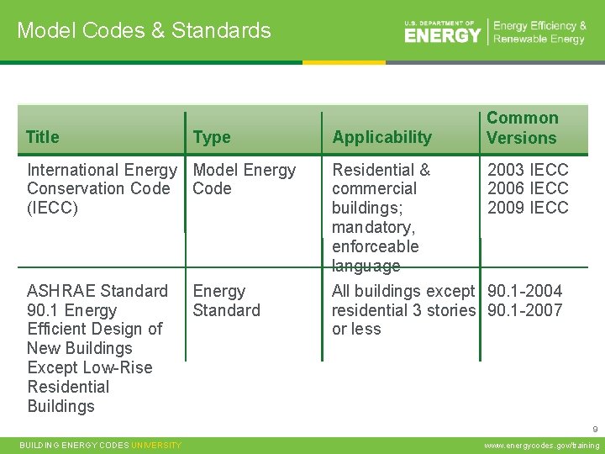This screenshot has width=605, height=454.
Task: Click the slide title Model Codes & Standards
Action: click(144, 31)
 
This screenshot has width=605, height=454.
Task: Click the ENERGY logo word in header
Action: click(442, 35)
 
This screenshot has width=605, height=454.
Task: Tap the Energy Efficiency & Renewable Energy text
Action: click(539, 33)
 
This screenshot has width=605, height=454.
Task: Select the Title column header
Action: click(43, 137)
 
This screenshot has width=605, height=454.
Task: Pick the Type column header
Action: click(211, 137)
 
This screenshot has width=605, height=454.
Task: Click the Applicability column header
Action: click(381, 137)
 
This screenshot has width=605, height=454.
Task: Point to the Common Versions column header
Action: click(522, 128)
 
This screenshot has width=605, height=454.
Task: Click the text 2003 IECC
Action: click(528, 170)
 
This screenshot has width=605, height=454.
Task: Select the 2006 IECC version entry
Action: click(528, 188)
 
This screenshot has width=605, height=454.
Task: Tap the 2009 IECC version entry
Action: click(528, 208)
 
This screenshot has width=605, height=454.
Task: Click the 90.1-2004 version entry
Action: click(524, 291)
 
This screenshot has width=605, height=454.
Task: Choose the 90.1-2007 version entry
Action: click(524, 310)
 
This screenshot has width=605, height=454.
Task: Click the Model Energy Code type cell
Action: click(244, 179)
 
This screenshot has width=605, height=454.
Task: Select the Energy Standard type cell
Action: click(226, 300)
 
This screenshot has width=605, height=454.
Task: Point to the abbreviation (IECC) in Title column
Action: click(52, 208)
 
